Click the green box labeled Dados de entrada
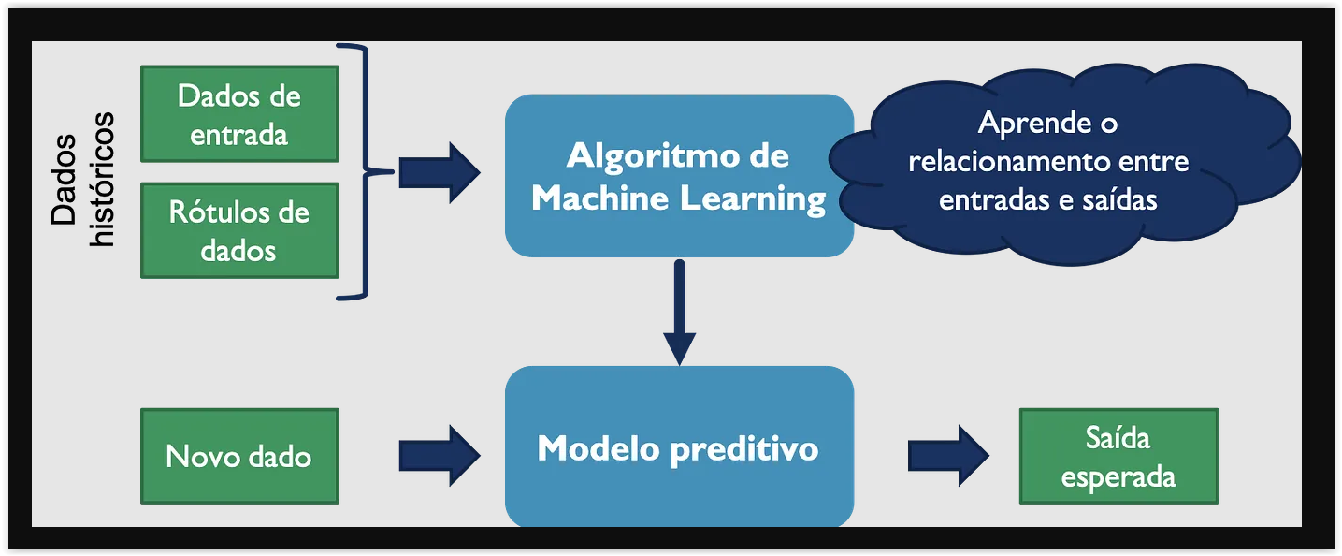click(x=239, y=114)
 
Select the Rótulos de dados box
click(x=239, y=230)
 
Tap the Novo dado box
click(x=239, y=456)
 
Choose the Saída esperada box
click(x=1118, y=456)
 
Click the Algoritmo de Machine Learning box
click(x=679, y=176)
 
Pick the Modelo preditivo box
click(x=679, y=446)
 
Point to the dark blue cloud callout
click(x=1064, y=163)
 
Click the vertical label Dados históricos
click(x=82, y=179)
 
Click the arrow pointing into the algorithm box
click(x=440, y=173)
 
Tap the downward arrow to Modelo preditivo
click(x=679, y=312)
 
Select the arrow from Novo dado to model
click(x=440, y=456)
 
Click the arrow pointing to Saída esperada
click(x=948, y=456)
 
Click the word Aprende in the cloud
click(x=1034, y=124)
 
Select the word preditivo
click(x=744, y=448)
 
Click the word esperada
click(x=1118, y=478)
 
